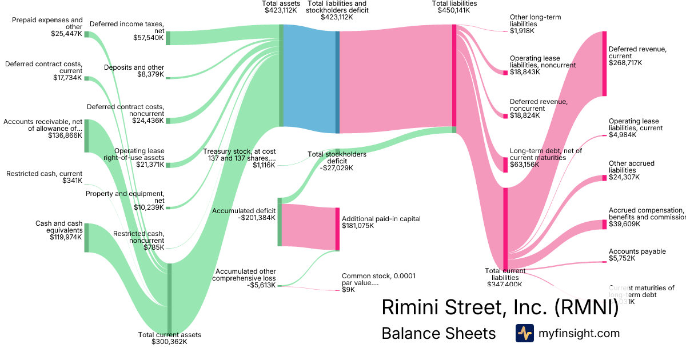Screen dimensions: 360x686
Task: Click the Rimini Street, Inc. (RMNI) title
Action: [x=500, y=307]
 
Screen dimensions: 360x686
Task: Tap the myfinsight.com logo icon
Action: [x=524, y=333]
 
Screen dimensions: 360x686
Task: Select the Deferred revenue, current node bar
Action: [x=604, y=63]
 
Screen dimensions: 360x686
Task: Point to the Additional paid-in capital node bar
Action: [x=337, y=229]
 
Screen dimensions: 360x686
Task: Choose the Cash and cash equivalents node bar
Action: [x=86, y=238]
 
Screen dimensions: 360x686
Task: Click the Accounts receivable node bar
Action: [x=86, y=136]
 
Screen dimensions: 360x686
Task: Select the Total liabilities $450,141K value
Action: [x=454, y=10]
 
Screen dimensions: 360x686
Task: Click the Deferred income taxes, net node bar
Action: [x=168, y=38]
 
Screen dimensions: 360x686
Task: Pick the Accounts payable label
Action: [x=637, y=251]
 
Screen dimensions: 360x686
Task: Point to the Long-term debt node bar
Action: [x=505, y=165]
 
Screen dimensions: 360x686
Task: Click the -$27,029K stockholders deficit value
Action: [x=336, y=168]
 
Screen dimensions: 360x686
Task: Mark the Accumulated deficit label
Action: [x=244, y=211]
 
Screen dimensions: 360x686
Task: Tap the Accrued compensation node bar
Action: [x=604, y=225]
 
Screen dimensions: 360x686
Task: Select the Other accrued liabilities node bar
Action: [x=604, y=178]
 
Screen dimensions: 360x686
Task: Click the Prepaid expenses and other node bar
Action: [x=86, y=34]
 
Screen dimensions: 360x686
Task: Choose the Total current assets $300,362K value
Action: [x=169, y=342]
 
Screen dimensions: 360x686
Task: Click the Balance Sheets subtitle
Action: [x=438, y=333]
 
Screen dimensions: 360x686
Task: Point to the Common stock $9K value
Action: [x=348, y=290]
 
